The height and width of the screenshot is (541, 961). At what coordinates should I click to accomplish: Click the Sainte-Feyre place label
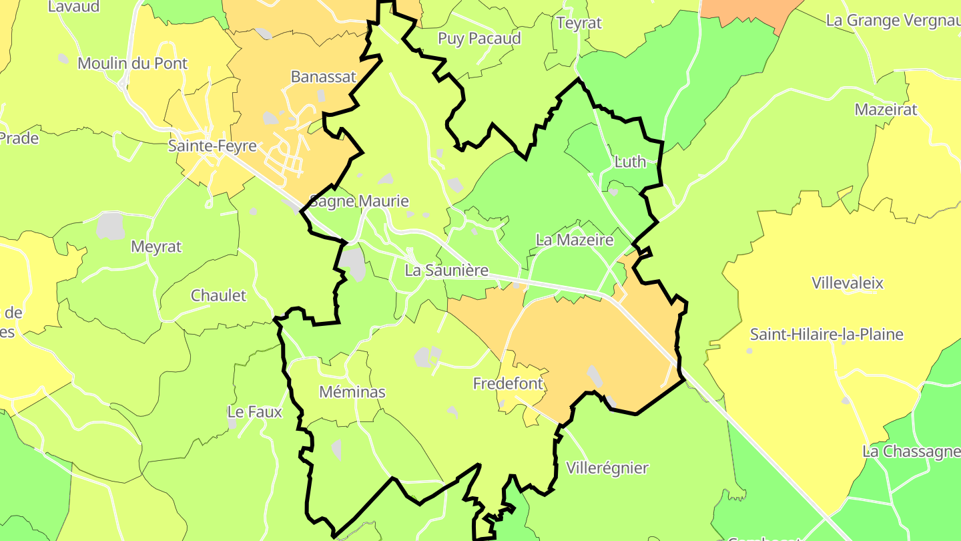tap(212, 146)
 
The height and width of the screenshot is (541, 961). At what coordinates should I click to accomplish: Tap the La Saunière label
tap(446, 271)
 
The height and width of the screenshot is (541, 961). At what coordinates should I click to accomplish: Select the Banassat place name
tap(324, 77)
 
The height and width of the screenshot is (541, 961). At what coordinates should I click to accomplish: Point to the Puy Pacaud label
tap(479, 39)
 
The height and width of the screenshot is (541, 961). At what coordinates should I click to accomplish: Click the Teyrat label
tap(579, 23)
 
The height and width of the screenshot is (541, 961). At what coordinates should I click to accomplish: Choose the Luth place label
tap(630, 162)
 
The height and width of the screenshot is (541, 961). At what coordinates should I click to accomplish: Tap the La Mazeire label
tap(575, 240)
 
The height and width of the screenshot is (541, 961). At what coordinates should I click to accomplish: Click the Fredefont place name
tap(509, 384)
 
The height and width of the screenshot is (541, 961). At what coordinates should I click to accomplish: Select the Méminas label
tap(352, 392)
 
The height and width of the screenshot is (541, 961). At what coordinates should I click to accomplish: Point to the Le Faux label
tap(255, 412)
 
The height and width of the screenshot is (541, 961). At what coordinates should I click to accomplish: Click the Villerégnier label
tap(607, 468)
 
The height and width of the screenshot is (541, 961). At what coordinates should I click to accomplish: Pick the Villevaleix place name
tap(848, 283)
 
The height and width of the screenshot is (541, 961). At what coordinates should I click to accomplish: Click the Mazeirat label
tap(886, 110)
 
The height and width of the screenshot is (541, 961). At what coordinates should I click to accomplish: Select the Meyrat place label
tap(156, 247)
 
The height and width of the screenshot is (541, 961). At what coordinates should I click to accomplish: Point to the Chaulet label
tap(218, 296)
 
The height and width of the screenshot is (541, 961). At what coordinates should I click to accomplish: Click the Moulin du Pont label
tap(133, 64)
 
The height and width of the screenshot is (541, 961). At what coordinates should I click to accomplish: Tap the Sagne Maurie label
tap(359, 201)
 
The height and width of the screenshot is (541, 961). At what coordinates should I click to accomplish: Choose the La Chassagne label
tap(912, 452)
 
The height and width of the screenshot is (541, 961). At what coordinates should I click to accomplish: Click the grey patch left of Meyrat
tap(111, 226)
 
